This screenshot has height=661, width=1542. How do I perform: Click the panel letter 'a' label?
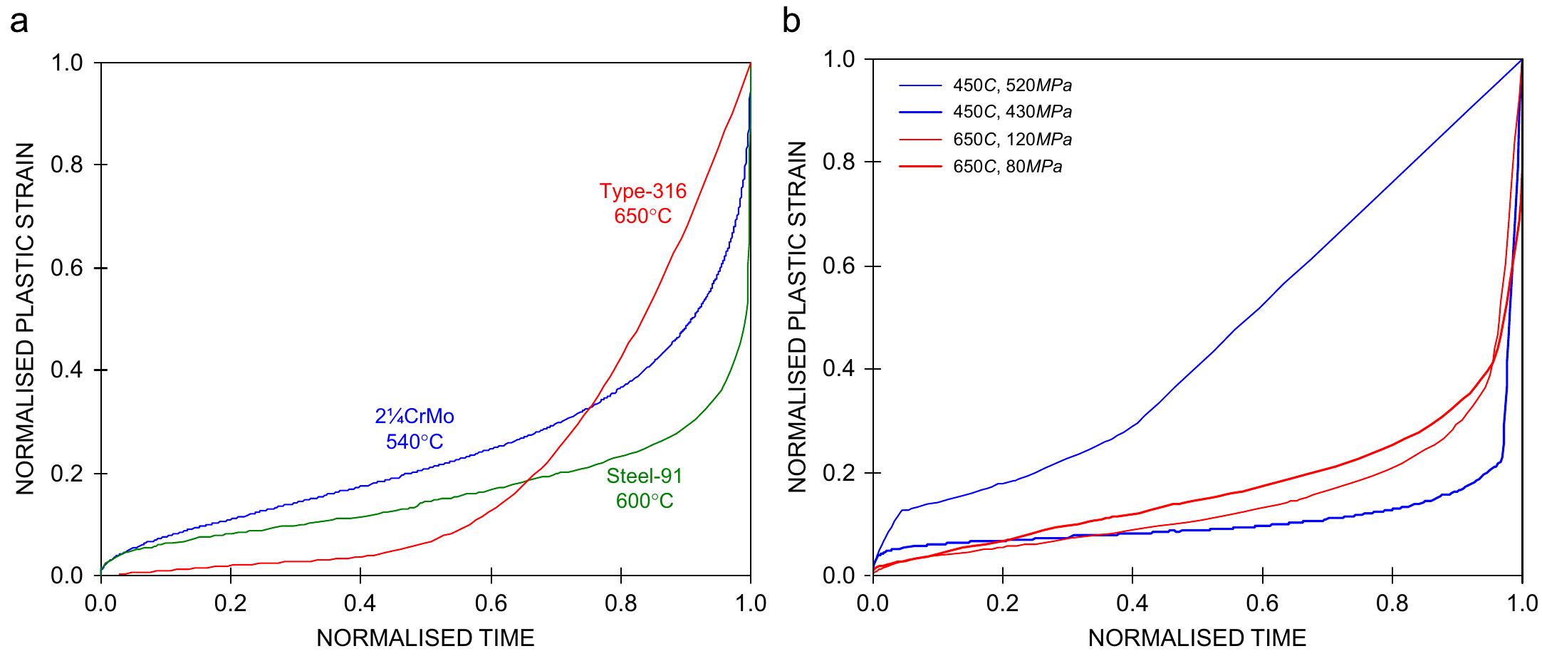[x=19, y=22]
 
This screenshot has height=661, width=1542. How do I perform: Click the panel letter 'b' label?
[x=791, y=22]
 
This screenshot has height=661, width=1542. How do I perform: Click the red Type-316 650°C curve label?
[x=642, y=203]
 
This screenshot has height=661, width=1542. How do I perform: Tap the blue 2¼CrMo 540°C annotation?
[x=415, y=428]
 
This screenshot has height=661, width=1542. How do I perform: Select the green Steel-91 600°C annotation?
[x=644, y=488]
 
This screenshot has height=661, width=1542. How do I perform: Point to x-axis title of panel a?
[x=425, y=637]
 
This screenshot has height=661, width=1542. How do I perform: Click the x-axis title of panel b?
[x=1197, y=637]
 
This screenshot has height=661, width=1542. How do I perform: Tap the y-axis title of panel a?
[x=26, y=318]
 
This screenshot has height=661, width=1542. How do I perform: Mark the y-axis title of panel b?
[x=798, y=317]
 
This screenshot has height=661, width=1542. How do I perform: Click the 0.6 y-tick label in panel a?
[x=68, y=268]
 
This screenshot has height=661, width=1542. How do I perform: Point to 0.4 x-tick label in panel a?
[x=360, y=603]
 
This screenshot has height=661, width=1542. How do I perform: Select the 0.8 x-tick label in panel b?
[x=1392, y=603]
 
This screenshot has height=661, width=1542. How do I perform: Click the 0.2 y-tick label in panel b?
[x=840, y=473]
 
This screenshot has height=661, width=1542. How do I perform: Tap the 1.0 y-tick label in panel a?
[x=68, y=63]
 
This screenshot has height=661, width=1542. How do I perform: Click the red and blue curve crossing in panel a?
[x=588, y=407]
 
